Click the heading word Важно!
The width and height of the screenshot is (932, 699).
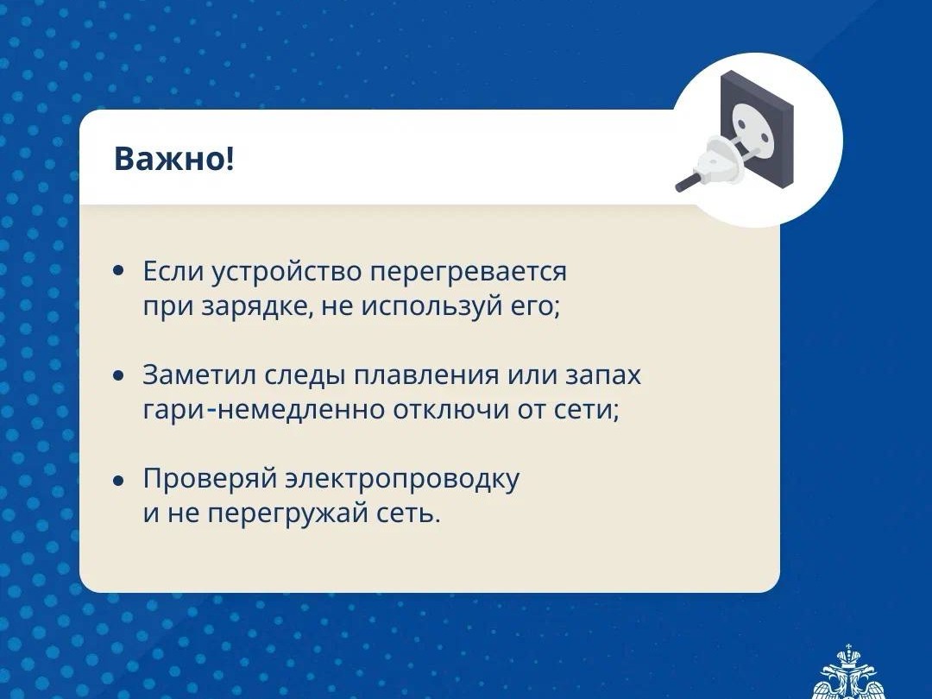[x=174, y=160]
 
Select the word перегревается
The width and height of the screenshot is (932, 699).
[x=469, y=272]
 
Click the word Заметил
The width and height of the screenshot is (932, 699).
[x=199, y=375]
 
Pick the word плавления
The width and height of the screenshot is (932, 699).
[x=426, y=376]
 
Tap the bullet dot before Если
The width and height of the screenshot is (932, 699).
[x=119, y=271]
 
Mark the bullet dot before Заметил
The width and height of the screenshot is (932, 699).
[x=119, y=375]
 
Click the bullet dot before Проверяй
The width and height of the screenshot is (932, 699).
[x=119, y=481]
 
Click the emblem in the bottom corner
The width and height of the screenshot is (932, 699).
[x=850, y=675]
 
